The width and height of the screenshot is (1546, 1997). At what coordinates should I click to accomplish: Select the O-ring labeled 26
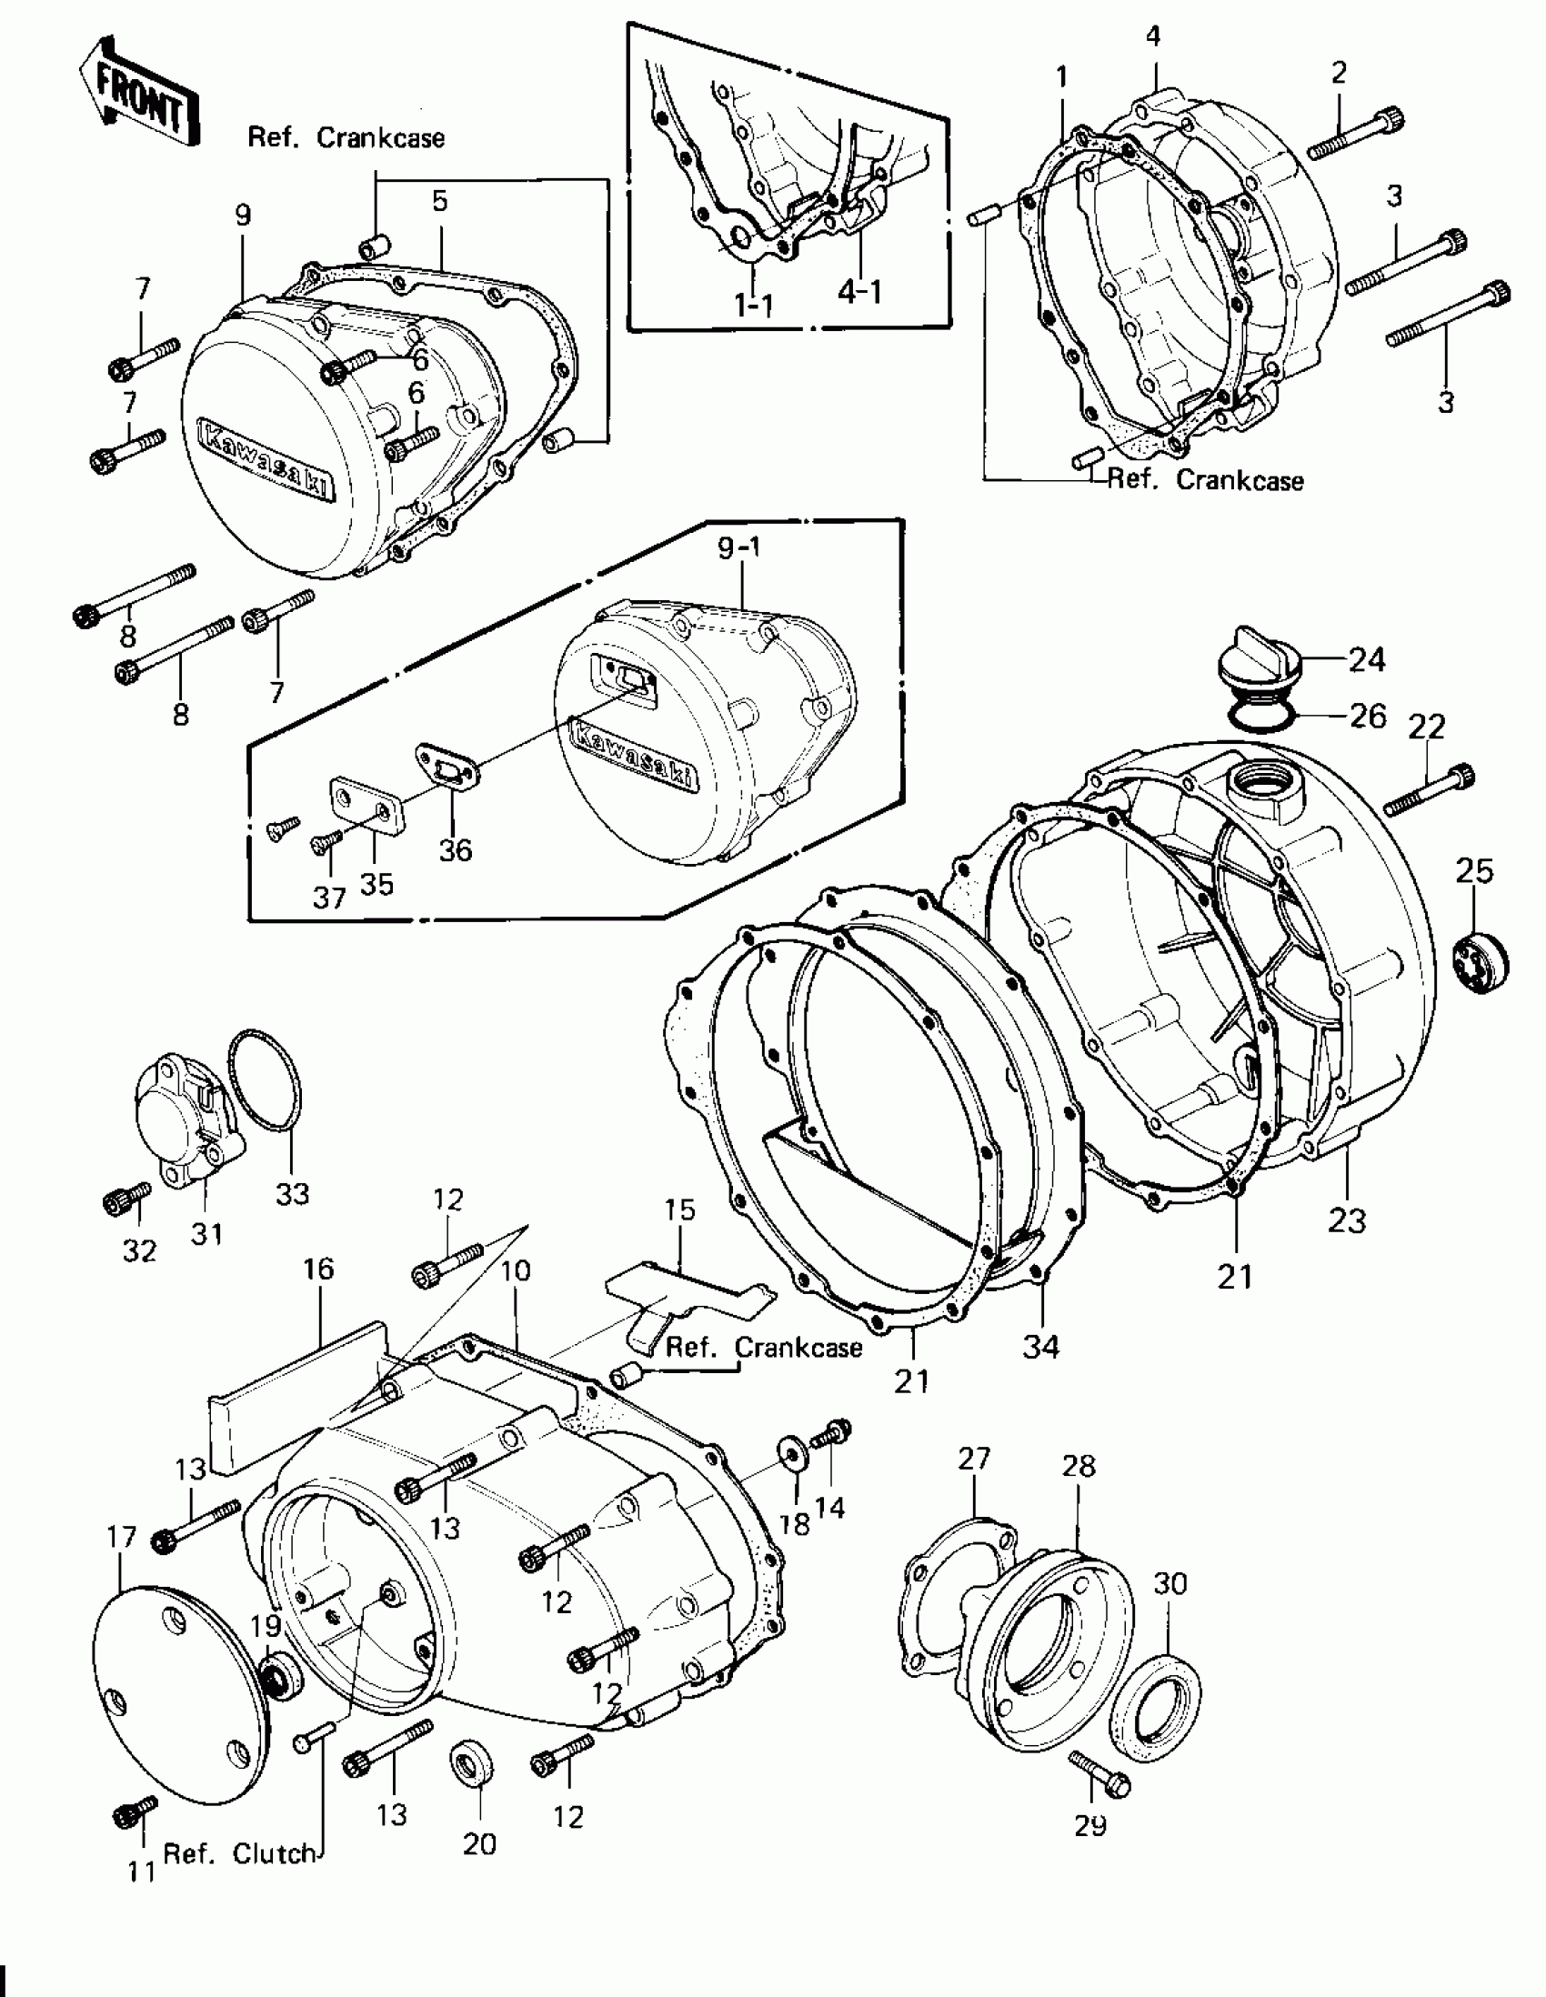click(1264, 715)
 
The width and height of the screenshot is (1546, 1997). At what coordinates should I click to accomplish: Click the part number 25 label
click(1473, 871)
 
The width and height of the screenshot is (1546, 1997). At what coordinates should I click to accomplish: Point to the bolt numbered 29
click(1100, 1773)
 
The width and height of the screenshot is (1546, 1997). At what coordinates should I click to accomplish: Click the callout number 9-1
click(738, 548)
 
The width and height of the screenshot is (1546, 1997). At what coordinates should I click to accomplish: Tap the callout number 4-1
click(859, 293)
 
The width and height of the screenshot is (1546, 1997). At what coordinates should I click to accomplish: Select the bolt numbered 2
click(1355, 135)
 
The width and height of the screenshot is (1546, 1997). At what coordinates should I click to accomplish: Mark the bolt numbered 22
click(1429, 790)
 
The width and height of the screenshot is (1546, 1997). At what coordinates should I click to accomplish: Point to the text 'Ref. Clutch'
click(239, 1852)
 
